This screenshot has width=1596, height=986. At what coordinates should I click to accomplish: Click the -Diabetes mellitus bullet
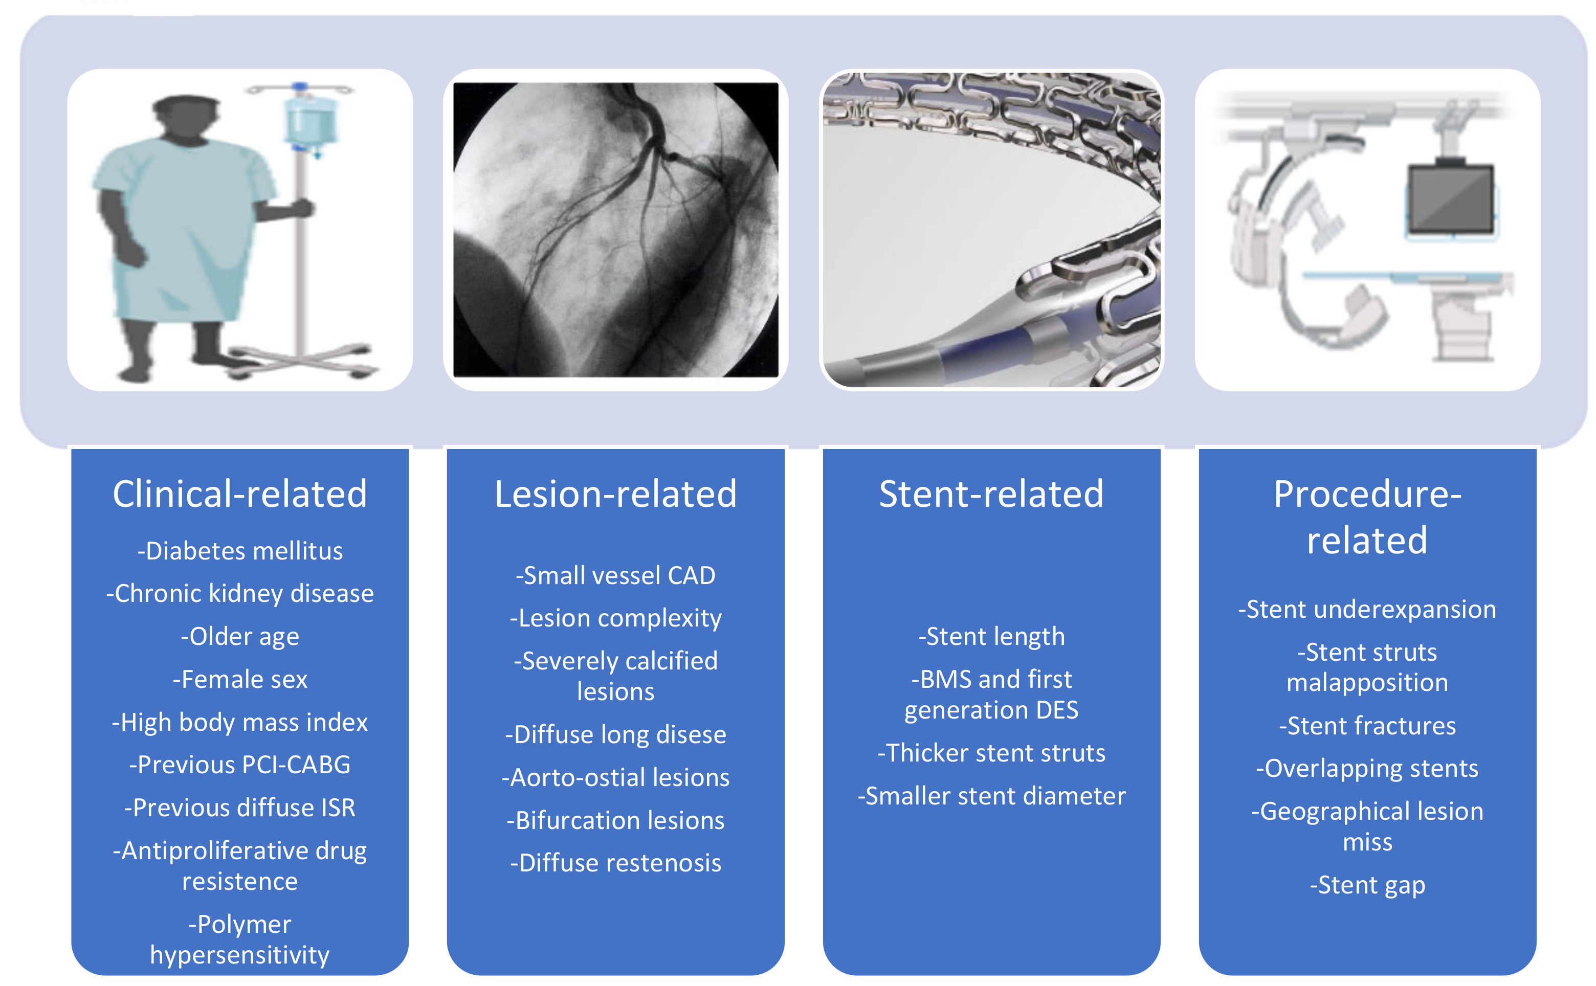pos(239,551)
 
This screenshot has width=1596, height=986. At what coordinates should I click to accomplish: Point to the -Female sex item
pos(239,680)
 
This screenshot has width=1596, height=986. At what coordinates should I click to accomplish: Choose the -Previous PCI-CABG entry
pos(239,765)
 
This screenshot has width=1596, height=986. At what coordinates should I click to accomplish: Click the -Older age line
pos(239,637)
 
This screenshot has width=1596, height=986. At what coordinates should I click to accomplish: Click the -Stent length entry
pos(991,637)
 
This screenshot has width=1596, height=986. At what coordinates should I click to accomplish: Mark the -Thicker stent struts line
pos(991,753)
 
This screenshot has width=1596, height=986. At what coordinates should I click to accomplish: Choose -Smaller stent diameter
pos(991,796)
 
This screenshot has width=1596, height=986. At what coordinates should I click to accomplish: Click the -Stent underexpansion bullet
pos(1366,610)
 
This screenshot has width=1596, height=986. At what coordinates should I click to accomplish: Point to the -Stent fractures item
pos(1366,726)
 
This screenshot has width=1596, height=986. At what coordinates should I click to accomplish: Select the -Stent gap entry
pos(1366,886)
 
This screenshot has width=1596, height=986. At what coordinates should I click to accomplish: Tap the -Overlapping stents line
pos(1366,769)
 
